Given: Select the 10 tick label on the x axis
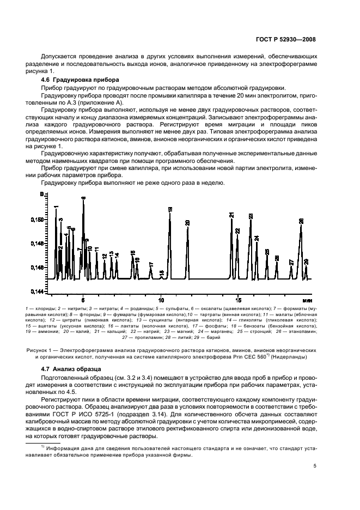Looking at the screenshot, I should (x=161, y=300).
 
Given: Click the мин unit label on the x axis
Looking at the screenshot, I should (x=307, y=300).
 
